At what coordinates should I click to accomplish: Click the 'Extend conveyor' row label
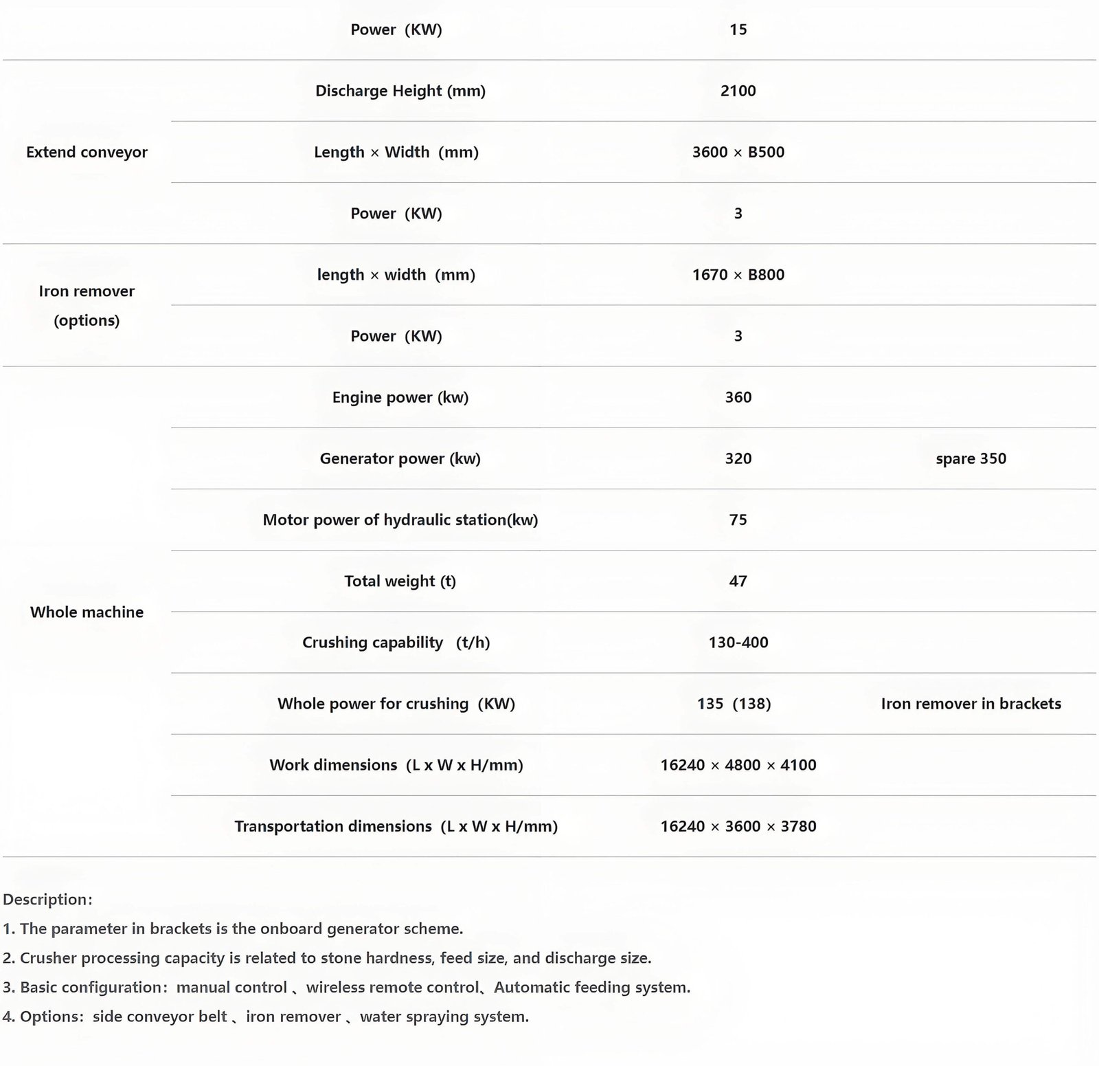[x=87, y=152]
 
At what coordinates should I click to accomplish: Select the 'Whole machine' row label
[x=87, y=612]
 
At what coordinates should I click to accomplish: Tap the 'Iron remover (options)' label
[x=87, y=305]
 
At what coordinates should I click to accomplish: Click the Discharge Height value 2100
[x=738, y=91]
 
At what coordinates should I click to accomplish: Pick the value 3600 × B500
[x=738, y=152]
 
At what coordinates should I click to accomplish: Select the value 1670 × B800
[x=738, y=274]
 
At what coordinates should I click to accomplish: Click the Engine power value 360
[x=738, y=397]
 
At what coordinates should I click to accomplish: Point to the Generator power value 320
[x=738, y=458]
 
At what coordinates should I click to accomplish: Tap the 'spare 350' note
[x=971, y=458]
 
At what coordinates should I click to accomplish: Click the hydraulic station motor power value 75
[x=738, y=520]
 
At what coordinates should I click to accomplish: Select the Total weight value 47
[x=738, y=581]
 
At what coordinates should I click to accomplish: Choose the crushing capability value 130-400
[x=738, y=642]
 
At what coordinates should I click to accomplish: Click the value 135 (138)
[x=734, y=704]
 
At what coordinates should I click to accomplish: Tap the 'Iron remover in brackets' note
[x=971, y=704]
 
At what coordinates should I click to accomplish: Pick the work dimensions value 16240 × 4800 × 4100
[x=738, y=765]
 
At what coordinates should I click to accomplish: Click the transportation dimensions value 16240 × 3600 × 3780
[x=738, y=826]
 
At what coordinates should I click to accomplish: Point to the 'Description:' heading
[x=47, y=899]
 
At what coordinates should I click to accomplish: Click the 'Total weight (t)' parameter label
[x=400, y=581]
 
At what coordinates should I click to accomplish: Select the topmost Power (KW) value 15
[x=738, y=30]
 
